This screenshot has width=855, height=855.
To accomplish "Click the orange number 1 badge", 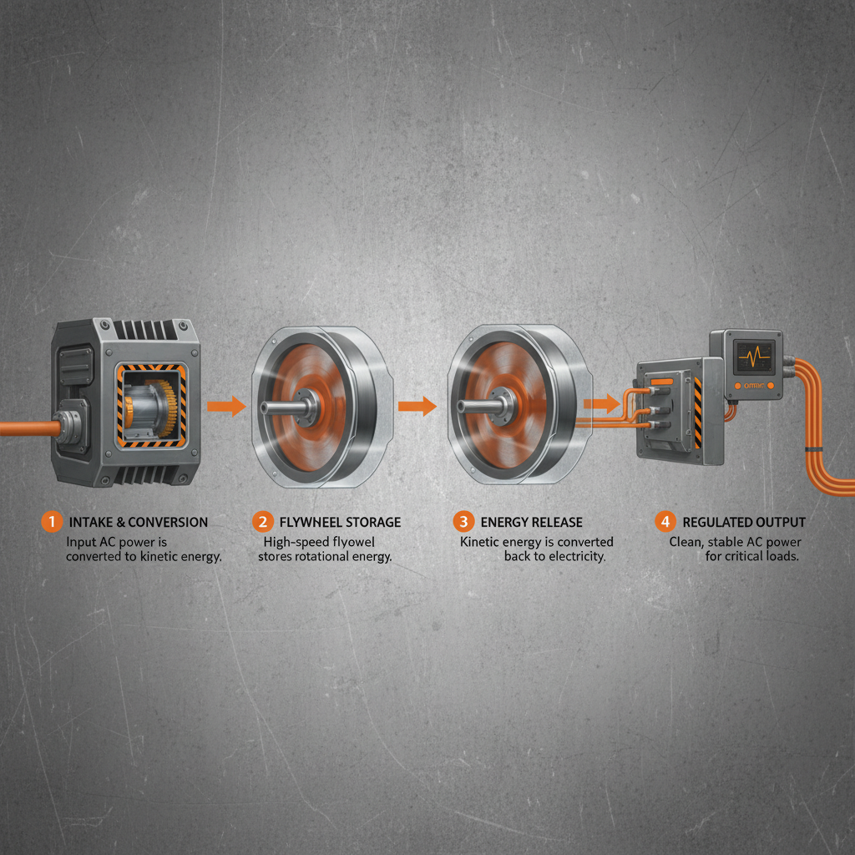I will click(51, 522).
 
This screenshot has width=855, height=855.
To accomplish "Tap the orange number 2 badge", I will click(262, 522).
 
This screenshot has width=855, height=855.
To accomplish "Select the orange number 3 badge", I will click(463, 522).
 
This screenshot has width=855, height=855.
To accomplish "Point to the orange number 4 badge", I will click(665, 522).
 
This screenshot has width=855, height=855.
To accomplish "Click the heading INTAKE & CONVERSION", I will click(139, 522).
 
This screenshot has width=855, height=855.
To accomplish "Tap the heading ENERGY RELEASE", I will click(531, 522).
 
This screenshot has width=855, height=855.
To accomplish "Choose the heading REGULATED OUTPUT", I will click(744, 522).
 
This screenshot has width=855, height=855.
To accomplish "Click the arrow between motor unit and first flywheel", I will click(225, 407).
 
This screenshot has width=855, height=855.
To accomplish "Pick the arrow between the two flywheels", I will click(417, 407).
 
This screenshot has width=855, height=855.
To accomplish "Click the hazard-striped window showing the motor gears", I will click(150, 405).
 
